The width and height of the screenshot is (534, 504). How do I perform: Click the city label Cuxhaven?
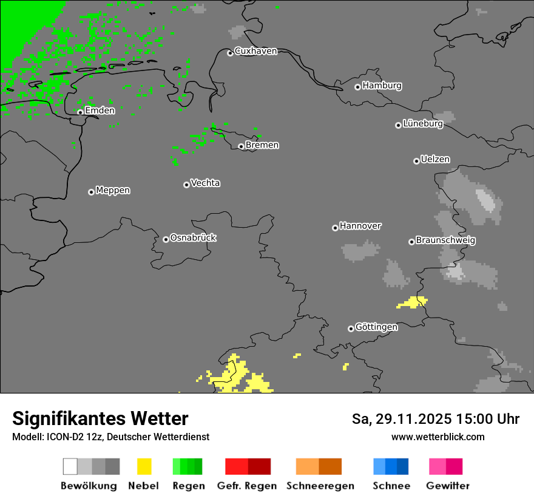(255, 51)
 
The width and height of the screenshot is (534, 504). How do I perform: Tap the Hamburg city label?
(382, 86)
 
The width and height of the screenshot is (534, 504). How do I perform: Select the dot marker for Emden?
(80, 112)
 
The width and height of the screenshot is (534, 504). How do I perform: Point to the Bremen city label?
(262, 145)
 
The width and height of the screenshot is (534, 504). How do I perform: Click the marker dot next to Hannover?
(335, 228)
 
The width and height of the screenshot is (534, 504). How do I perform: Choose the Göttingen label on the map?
(376, 327)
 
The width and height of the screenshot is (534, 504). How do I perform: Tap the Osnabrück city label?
(193, 238)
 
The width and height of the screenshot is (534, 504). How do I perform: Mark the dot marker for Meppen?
(91, 192)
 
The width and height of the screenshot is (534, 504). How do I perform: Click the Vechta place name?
(205, 183)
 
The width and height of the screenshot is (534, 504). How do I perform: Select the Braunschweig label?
(445, 240)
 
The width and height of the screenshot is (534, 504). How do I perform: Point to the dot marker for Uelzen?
(416, 161)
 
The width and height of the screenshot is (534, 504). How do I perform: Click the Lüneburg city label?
(422, 124)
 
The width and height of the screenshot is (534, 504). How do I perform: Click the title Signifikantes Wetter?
(100, 418)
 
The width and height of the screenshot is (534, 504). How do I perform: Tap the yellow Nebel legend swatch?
(144, 466)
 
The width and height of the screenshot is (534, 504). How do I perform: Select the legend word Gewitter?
(448, 486)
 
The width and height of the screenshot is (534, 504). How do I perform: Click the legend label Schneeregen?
(320, 486)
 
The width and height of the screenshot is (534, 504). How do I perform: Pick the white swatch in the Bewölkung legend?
(70, 466)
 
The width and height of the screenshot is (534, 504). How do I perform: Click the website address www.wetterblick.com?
(438, 437)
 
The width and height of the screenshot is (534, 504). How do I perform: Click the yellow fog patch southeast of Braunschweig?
(413, 302)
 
